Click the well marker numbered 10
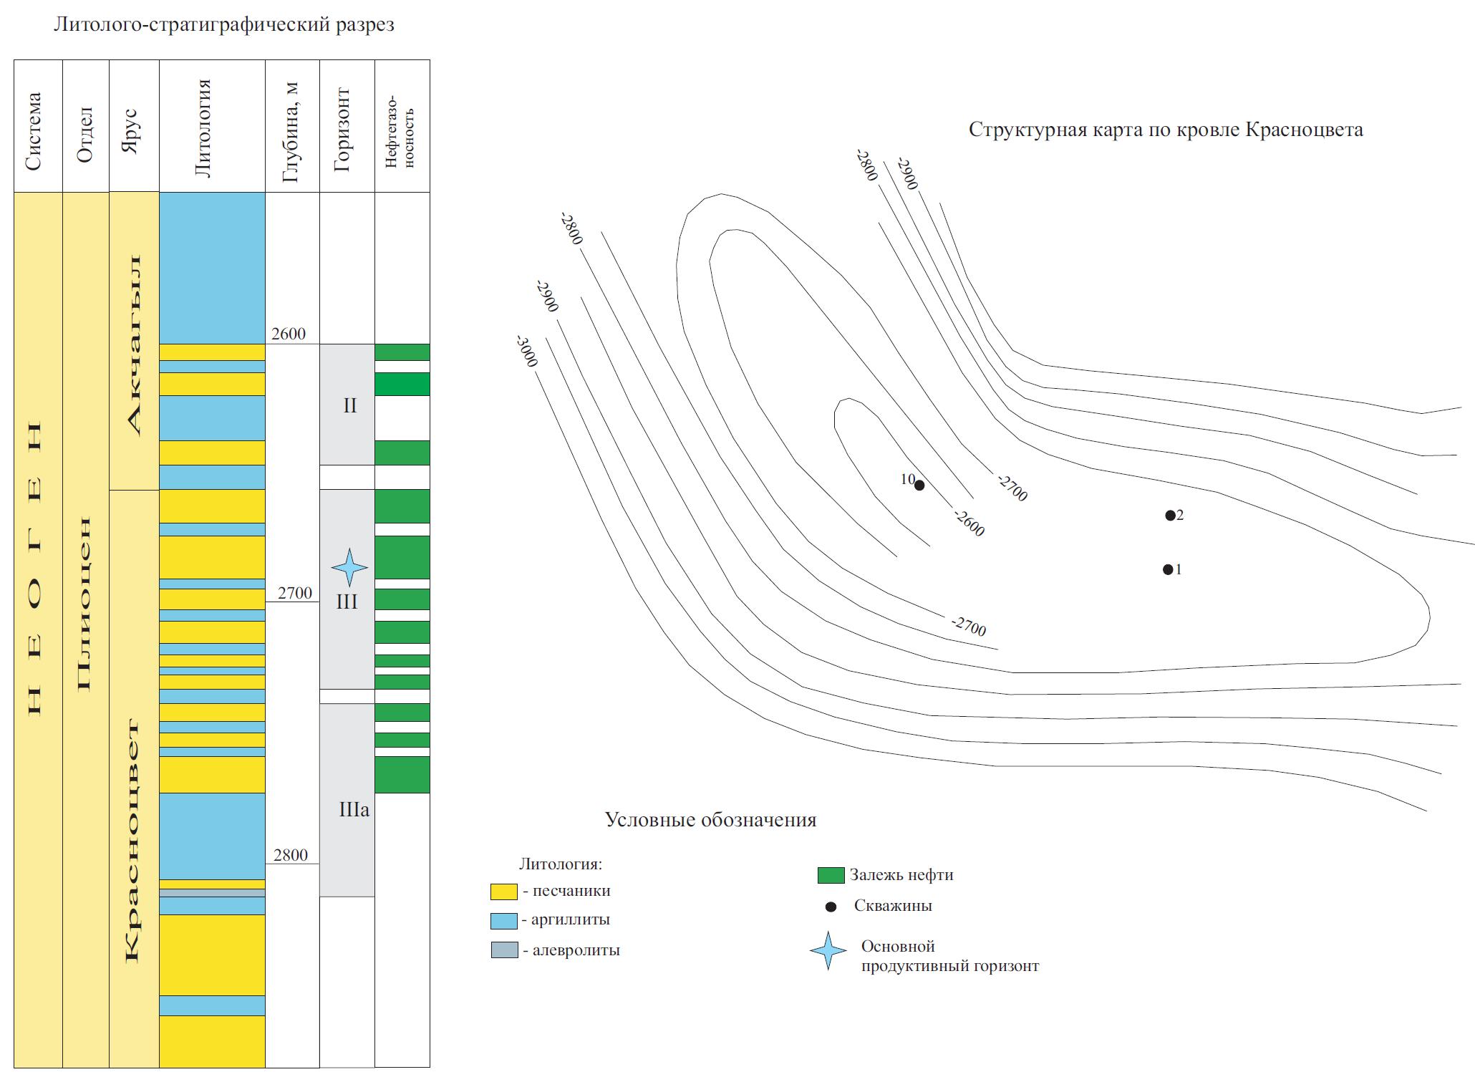coord(919,485)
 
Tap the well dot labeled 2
coord(1170,515)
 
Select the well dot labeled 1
coord(1168,569)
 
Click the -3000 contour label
coord(526,350)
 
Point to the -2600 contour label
coord(969,523)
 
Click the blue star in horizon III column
coord(349,567)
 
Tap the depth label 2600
coord(289,334)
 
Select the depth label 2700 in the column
coord(294,592)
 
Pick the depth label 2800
coord(290,854)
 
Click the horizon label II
coord(349,405)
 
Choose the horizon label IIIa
coord(354,810)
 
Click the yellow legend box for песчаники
coord(503,892)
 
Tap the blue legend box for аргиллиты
coord(503,921)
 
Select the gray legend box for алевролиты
coord(503,950)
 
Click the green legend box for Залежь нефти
coord(831,875)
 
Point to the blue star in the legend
coord(828,950)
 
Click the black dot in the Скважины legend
coord(831,907)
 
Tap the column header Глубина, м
coord(291,132)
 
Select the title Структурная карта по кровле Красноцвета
coord(1166,130)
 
